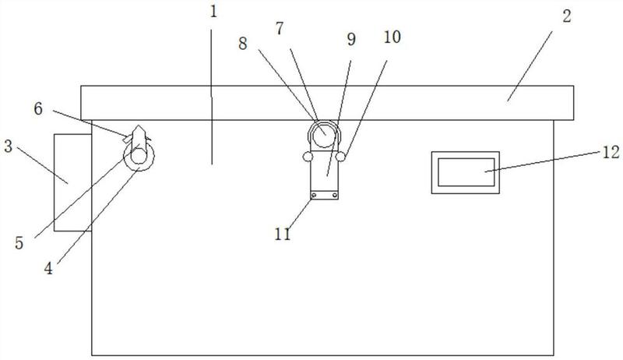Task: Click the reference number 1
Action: (x=213, y=12)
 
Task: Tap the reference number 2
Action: (x=567, y=16)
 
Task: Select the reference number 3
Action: (x=8, y=146)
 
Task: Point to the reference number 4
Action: (x=48, y=269)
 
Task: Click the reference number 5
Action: (x=19, y=243)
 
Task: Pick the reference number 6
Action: (x=38, y=108)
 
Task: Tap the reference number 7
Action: (x=280, y=29)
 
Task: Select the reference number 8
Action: (x=243, y=44)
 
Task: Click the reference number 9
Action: (x=351, y=39)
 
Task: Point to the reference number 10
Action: (x=392, y=37)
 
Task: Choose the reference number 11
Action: (x=283, y=234)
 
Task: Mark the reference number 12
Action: (x=611, y=153)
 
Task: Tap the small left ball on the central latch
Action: (x=308, y=157)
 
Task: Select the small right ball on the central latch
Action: (x=340, y=157)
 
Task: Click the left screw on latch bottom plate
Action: (x=314, y=195)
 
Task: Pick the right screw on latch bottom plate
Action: (x=335, y=195)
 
